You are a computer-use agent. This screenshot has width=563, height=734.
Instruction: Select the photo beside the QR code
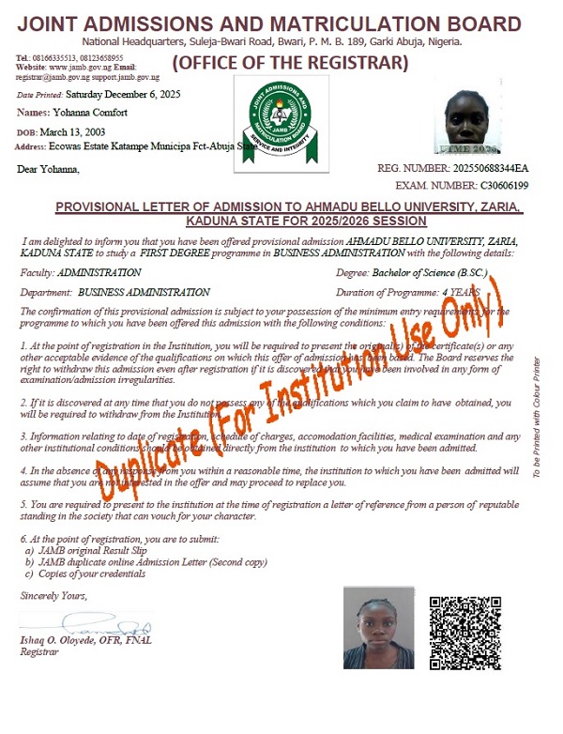[378, 628]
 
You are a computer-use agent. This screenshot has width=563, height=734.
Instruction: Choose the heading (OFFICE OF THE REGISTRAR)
[291, 64]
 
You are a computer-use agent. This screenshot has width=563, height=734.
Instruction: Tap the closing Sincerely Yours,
[53, 595]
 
